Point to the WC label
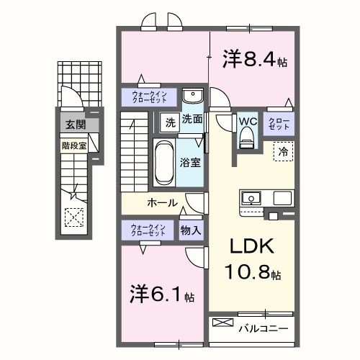coord(247,120)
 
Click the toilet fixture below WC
coord(247,136)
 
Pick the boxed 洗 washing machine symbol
coord(169,121)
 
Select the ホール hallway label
coord(163,202)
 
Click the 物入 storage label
coord(191,230)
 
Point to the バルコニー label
coord(263,329)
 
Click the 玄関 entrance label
coord(74,125)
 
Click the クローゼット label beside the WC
coord(278,122)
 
